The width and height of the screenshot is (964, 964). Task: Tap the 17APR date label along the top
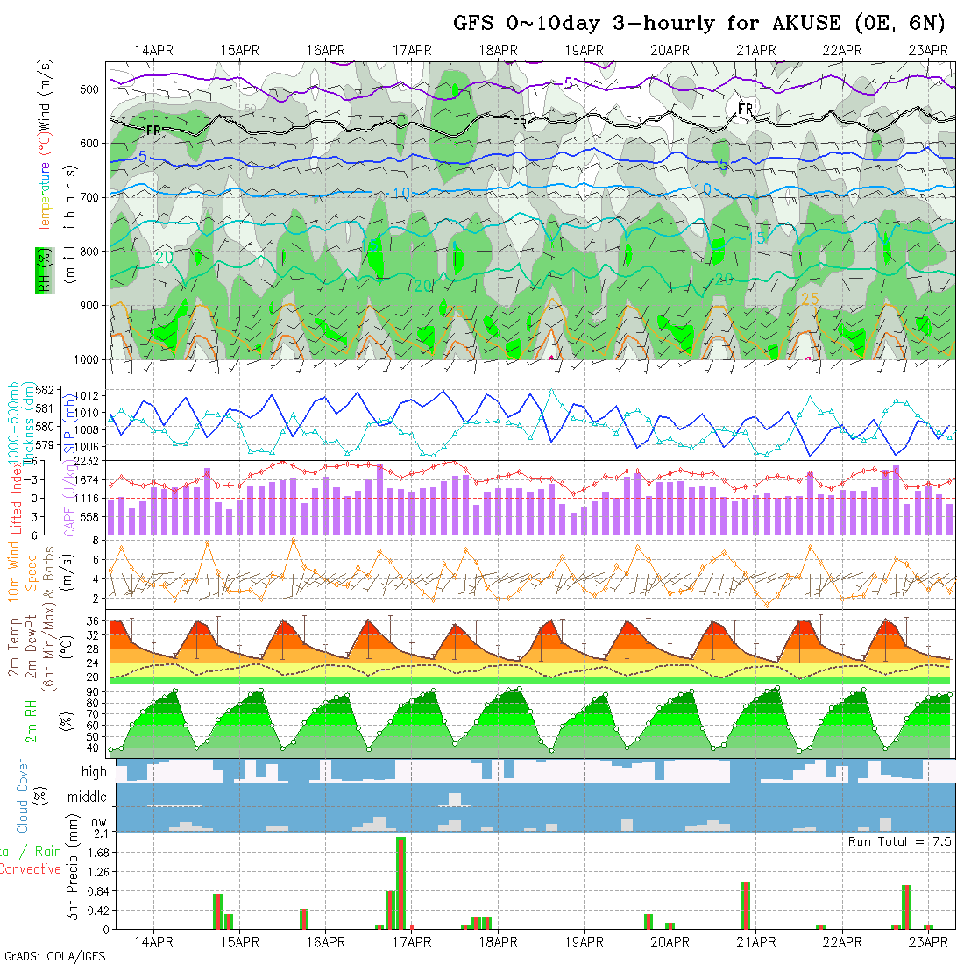[412, 50]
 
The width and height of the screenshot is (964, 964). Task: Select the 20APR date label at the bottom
[670, 942]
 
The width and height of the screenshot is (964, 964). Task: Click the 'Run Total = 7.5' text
[899, 841]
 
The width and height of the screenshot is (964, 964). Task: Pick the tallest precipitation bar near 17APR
[400, 882]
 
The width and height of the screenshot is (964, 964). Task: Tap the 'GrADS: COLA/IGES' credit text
[54, 956]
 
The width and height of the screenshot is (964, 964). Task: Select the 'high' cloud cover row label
[94, 772]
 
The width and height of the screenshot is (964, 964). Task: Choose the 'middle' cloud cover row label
[88, 797]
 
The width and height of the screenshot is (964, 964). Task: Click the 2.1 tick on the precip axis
[99, 833]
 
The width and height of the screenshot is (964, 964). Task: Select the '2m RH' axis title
[31, 721]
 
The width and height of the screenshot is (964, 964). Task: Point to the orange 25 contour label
[810, 299]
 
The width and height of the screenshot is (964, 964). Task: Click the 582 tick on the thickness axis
[49, 390]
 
